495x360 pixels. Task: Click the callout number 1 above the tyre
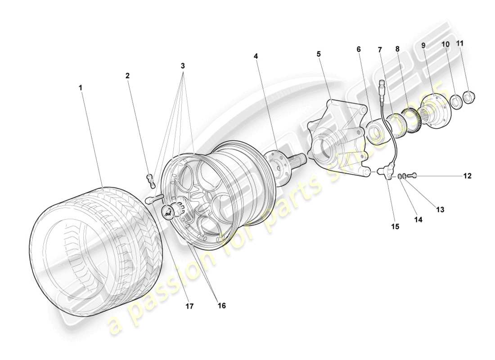click(81, 88)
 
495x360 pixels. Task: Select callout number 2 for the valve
click(127, 76)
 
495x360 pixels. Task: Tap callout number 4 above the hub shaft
click(256, 57)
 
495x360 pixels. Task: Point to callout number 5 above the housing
click(319, 54)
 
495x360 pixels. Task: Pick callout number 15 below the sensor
click(395, 227)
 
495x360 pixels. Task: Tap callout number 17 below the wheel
click(189, 306)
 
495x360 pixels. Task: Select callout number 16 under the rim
click(221, 306)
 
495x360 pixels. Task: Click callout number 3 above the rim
click(183, 66)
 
